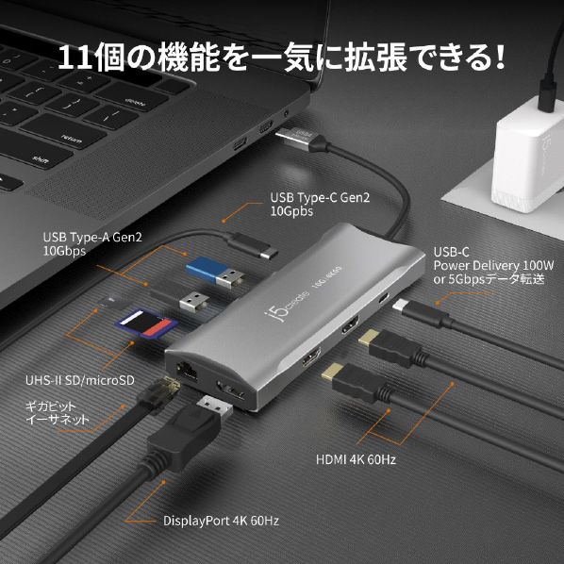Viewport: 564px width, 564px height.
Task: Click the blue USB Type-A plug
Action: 215,273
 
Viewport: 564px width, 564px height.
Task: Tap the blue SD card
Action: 146,323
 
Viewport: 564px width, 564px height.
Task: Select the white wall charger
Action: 527,155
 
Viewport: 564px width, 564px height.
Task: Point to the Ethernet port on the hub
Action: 187,371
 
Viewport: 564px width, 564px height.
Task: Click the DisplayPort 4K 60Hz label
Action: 221,521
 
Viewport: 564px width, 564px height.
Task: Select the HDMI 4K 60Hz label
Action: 356,459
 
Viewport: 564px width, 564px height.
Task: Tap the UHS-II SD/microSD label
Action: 80,380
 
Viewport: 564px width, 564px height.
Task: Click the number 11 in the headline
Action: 75,57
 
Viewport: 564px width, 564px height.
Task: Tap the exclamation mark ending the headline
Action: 499,56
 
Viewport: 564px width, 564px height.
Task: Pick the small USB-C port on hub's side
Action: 384,298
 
